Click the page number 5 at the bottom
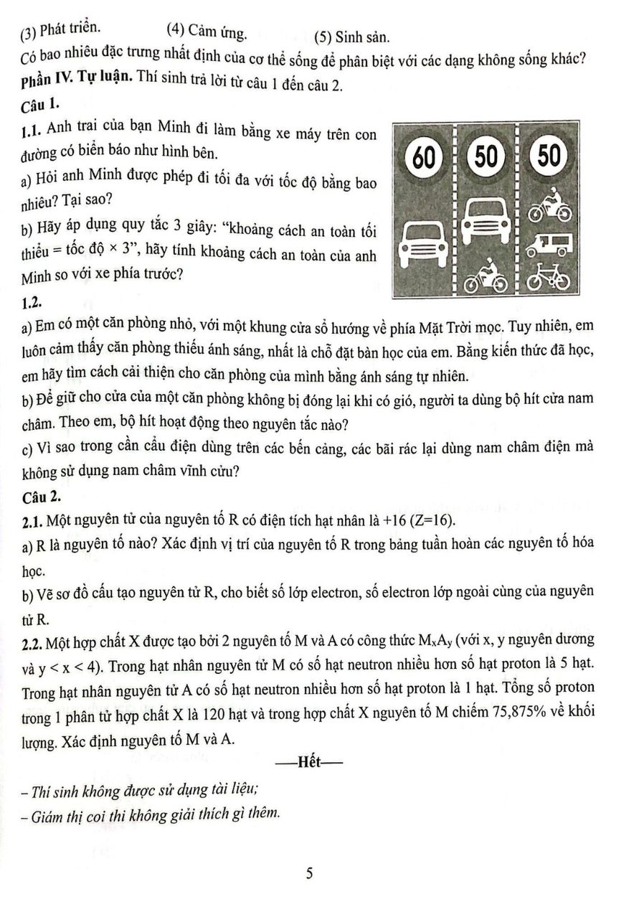click(309, 873)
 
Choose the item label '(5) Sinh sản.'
click(351, 36)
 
